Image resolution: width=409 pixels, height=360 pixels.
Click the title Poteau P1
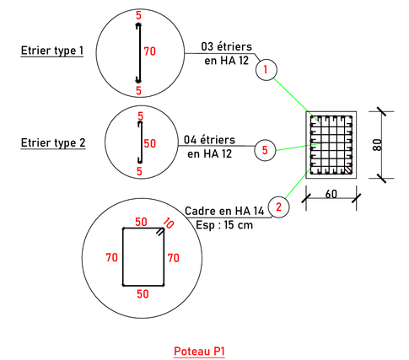click(x=199, y=352)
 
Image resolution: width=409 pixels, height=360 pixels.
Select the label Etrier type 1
click(x=52, y=51)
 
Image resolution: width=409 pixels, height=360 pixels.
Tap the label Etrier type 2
click(x=53, y=142)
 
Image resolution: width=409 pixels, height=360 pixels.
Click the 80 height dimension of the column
click(x=378, y=145)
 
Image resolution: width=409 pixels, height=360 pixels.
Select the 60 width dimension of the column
click(x=331, y=194)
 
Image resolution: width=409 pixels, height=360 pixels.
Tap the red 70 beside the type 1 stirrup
click(x=150, y=51)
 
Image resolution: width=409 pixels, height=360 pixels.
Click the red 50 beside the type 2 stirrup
click(x=150, y=143)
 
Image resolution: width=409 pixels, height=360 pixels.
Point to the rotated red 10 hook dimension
click(x=169, y=223)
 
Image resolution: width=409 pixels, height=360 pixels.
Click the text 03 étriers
click(x=227, y=46)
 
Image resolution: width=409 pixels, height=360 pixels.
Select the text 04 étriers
click(x=210, y=140)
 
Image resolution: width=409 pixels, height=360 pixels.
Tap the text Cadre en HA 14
click(x=224, y=211)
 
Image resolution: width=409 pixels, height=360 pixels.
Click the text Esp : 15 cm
click(x=224, y=225)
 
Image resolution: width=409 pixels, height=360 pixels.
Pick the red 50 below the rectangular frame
click(x=143, y=294)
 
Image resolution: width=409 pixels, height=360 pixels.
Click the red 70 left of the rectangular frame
click(x=111, y=257)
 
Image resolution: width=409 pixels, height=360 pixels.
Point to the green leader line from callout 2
click(x=298, y=184)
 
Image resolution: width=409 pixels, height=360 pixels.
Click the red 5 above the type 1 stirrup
click(x=138, y=15)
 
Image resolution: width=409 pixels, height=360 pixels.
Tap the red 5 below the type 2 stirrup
click(x=139, y=171)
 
